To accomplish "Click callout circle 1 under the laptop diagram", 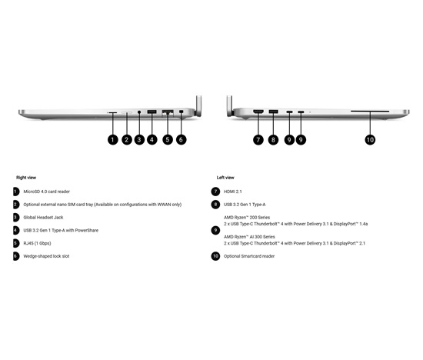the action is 113,139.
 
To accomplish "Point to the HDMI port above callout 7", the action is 258,112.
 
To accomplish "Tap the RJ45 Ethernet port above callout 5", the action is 168,112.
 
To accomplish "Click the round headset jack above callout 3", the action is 139,112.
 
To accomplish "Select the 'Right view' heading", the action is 26,178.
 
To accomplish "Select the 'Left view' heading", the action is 225,178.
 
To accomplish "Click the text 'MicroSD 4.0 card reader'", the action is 47,192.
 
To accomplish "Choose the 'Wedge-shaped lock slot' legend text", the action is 46,256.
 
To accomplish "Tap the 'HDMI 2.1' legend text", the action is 233,192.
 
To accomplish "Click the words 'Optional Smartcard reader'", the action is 249,256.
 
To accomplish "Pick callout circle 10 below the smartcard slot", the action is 370,139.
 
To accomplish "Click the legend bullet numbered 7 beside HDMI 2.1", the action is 215,192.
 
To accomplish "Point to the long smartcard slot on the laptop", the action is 370,111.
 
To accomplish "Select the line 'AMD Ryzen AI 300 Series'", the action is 249,237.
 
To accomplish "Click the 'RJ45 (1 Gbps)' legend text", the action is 37,243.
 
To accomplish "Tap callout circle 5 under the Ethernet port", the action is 168,139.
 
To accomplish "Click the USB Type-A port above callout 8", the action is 273,112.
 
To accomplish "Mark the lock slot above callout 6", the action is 181,112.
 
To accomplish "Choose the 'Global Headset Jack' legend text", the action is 43,218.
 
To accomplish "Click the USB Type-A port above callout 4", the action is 152,112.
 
